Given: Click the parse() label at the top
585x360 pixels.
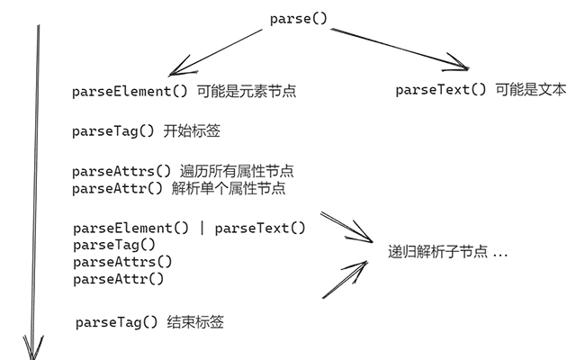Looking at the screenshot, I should pos(299,19).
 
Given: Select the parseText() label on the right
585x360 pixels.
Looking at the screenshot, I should pos(441,90).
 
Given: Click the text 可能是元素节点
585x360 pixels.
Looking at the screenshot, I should pos(247,92).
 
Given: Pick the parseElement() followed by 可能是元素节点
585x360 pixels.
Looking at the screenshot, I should pos(130,92).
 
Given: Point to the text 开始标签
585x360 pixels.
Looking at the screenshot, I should pos(192,131).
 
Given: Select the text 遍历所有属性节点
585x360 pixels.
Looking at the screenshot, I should pos(237,171).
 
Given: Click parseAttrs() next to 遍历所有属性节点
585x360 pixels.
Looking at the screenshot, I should pos(122,171).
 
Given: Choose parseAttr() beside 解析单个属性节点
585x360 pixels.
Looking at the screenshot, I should pos(118,188).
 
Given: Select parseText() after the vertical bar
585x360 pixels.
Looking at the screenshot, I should pos(260,229).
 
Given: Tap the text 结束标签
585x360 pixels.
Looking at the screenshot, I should pos(195,322).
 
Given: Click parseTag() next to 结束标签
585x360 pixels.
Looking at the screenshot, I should pos(117,322).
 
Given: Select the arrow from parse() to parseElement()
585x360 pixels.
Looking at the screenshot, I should pos(216,52).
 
